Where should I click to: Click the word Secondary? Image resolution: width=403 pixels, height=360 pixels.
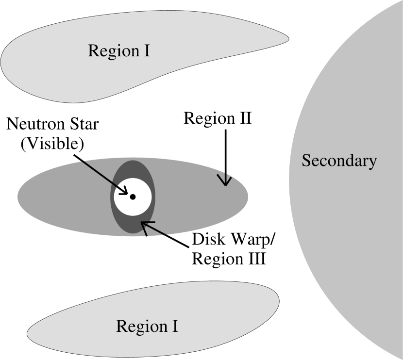(x=339, y=161)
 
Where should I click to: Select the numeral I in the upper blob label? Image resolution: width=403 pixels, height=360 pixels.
(x=147, y=50)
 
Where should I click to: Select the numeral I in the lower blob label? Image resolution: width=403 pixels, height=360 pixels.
(x=175, y=326)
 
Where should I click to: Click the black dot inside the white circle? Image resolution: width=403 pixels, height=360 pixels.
(x=133, y=197)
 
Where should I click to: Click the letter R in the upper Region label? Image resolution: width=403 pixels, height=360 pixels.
(x=93, y=50)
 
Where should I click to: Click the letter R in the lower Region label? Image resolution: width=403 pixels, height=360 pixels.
(x=121, y=326)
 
